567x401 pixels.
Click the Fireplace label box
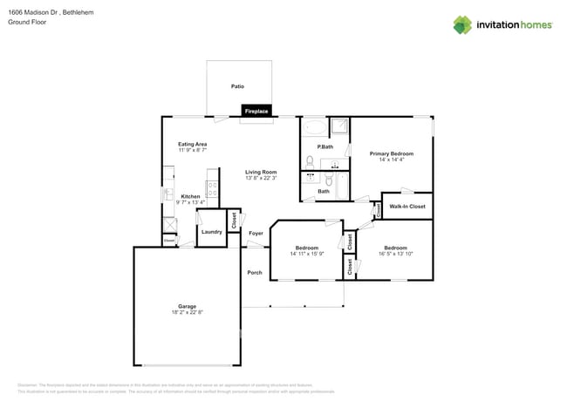(x=256, y=112)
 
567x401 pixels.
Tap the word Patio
(x=237, y=86)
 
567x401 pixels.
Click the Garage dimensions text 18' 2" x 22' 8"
(x=187, y=312)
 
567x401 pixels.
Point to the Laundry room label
(x=211, y=232)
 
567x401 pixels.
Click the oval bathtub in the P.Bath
(x=314, y=127)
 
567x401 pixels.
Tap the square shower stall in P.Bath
(x=339, y=126)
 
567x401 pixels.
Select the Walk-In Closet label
(x=406, y=207)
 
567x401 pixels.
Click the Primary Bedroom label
(x=391, y=153)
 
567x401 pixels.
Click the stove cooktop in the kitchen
(x=211, y=187)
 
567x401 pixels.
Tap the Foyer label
(x=256, y=233)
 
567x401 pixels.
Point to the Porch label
(x=255, y=272)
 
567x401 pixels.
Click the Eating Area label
(x=192, y=144)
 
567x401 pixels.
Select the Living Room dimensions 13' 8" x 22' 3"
(x=260, y=178)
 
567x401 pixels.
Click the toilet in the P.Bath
(x=310, y=161)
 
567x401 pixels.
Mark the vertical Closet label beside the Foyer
(x=234, y=220)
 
